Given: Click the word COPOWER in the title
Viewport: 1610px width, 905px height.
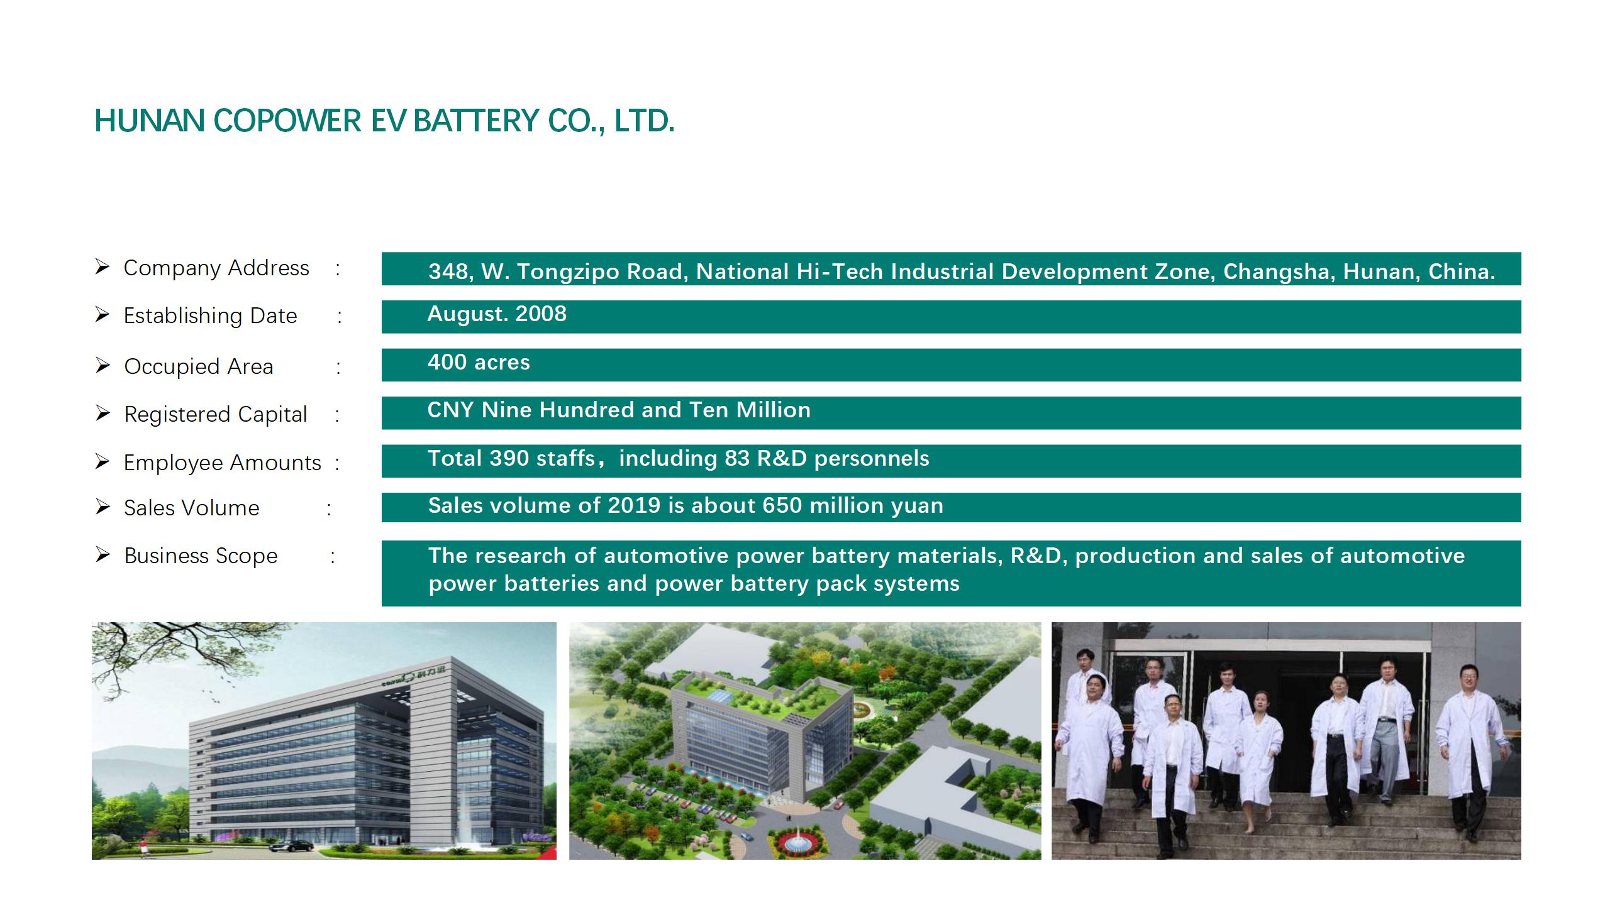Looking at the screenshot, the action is point(287,121).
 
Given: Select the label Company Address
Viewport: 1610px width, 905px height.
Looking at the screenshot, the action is point(216,268).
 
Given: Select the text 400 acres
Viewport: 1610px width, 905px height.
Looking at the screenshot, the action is point(479,362).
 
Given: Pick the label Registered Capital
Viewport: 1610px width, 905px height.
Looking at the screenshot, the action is point(216,415).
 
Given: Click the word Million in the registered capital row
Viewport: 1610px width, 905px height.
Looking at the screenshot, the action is point(774,410).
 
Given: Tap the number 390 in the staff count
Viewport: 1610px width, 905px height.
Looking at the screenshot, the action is point(509,458).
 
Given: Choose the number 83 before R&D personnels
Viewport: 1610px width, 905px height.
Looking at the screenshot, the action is point(736,458).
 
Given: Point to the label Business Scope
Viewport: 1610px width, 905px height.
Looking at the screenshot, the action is point(201,556).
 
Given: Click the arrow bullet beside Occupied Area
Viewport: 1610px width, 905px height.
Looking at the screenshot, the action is point(103,365).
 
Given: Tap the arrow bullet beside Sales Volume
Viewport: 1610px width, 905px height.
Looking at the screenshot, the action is point(103,507).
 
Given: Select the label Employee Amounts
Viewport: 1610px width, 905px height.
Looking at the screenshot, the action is point(222,463).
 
